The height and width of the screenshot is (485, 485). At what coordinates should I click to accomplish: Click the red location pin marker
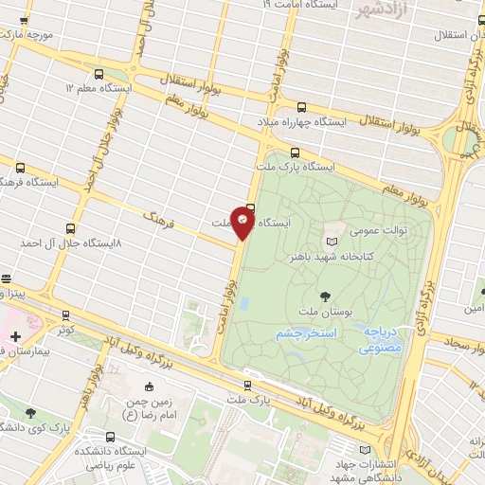(243, 223)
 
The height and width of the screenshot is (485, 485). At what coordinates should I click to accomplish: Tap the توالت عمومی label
(352, 230)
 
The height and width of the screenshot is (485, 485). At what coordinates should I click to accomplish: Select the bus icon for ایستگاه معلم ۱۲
(99, 72)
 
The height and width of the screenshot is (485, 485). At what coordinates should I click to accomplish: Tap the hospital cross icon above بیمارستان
(15, 335)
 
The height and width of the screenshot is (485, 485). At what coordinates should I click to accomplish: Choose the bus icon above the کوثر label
(65, 314)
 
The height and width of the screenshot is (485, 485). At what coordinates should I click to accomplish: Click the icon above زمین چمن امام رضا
(150, 386)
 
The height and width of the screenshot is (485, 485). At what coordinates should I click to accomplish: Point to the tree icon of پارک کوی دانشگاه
(33, 413)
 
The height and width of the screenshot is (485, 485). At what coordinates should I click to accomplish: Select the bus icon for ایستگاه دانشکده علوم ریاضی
(113, 438)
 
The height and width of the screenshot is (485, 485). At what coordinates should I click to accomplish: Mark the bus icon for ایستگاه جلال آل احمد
(70, 228)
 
